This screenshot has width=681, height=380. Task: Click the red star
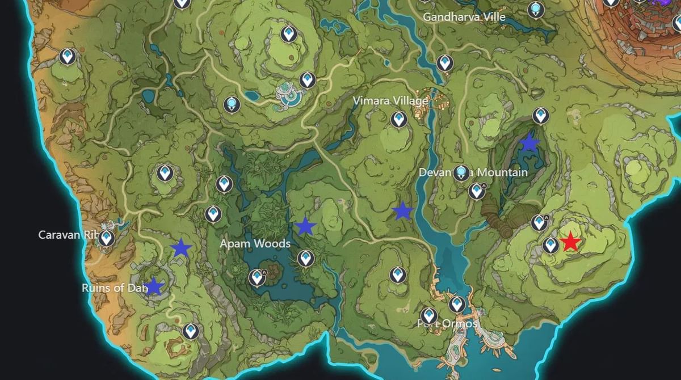(570, 242)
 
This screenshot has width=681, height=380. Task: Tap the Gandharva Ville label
(464, 17)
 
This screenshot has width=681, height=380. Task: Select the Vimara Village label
(390, 100)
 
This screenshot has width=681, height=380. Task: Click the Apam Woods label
(255, 244)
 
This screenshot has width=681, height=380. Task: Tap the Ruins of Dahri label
(113, 288)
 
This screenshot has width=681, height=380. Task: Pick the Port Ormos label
(447, 324)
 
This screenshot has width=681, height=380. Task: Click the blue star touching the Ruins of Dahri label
(153, 286)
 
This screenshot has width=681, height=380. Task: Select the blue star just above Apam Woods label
(305, 226)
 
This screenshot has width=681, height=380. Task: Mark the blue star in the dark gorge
(529, 142)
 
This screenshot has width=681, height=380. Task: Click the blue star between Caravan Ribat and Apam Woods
(181, 247)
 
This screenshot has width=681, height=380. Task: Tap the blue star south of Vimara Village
(402, 211)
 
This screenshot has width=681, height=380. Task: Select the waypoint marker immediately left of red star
(550, 245)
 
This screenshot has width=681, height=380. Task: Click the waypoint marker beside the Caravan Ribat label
(106, 238)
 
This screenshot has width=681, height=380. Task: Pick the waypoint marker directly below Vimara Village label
(399, 119)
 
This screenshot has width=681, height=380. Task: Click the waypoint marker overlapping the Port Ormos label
(428, 315)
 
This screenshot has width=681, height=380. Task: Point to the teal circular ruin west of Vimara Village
(289, 95)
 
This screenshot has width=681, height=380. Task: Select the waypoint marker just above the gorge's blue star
(540, 115)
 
